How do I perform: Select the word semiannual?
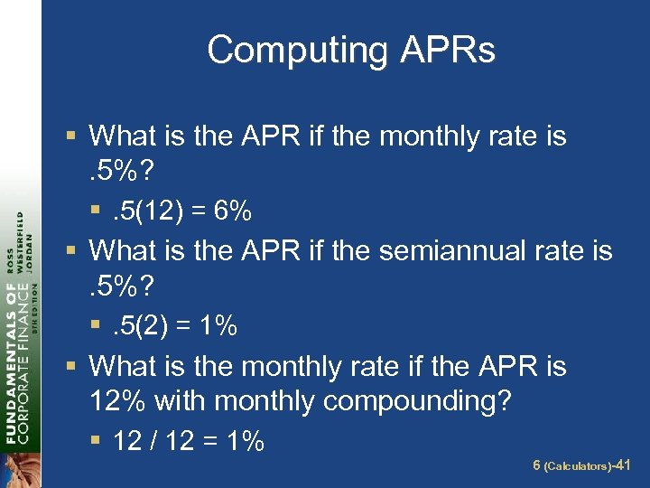[x=459, y=250]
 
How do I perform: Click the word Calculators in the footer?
[x=577, y=466]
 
